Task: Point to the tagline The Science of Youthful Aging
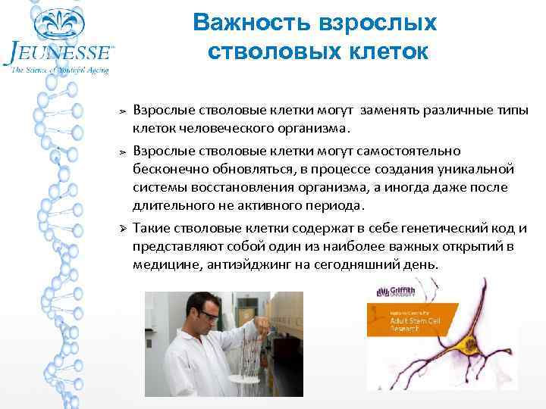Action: [x=61, y=70]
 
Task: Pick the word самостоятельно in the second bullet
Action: [x=414, y=151]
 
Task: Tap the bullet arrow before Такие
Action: [x=124, y=229]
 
